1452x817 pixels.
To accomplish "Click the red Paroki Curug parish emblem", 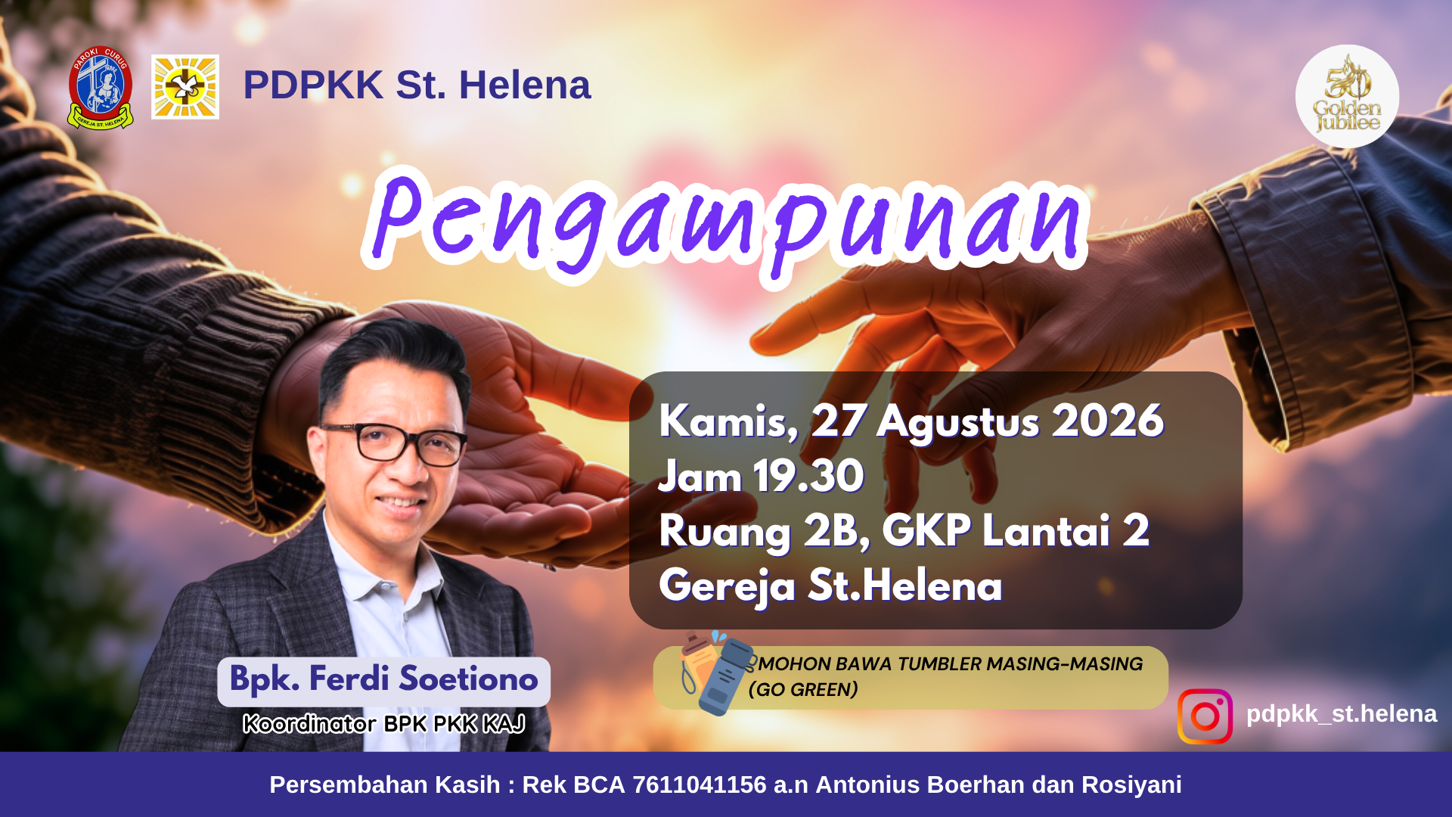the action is pos(101,88).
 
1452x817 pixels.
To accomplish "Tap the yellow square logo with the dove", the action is pos(185,87).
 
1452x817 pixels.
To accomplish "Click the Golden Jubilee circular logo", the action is pos(1347,96).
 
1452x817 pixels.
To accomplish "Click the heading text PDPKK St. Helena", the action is pos(417,85).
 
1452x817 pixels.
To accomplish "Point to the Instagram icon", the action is pos(1205,716).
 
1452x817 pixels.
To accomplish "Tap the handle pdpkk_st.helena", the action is pos(1342,713).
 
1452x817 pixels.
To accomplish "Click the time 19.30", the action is pos(808,476).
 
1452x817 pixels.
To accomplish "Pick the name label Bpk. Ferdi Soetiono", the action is pos(384,679).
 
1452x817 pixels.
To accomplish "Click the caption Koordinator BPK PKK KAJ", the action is pos(384,724).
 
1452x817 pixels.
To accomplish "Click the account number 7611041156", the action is pos(700,784).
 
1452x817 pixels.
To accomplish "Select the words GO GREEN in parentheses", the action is pos(803,690).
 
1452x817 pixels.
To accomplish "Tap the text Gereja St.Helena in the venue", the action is pos(830,586).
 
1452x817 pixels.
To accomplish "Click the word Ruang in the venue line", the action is pos(725,532).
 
